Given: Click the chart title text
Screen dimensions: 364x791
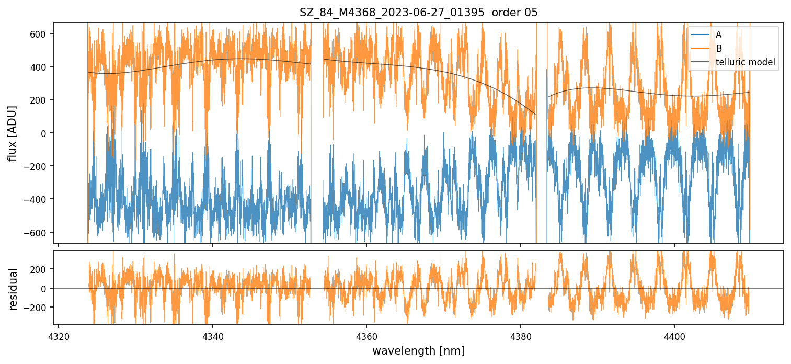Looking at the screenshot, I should coord(418,13).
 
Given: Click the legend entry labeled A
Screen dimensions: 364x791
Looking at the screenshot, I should coord(718,35).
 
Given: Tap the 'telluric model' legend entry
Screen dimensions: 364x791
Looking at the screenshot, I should coord(745,63).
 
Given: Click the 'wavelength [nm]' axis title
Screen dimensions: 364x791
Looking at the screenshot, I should coord(418,350).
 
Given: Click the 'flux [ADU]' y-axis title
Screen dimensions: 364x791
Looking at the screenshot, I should coord(13,133).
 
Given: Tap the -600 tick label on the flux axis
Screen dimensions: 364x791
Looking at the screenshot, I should coord(38,232).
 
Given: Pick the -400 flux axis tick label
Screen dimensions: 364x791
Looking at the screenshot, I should coord(38,199).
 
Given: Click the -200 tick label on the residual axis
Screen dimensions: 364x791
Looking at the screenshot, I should coord(38,308).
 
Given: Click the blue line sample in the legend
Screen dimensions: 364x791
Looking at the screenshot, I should coord(701,35).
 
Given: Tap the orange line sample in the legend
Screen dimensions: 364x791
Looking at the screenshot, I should coord(701,49).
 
